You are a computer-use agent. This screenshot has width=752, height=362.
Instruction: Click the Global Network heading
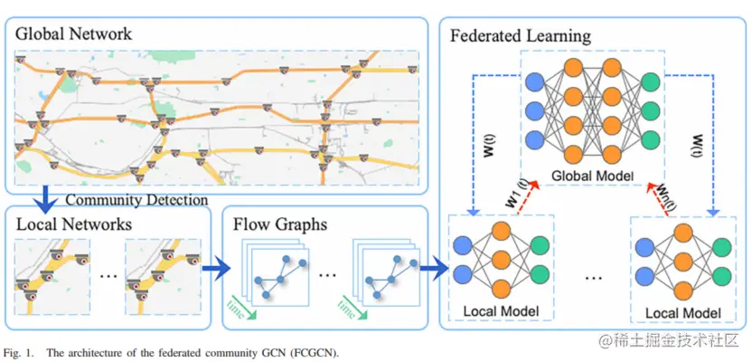[x=73, y=34]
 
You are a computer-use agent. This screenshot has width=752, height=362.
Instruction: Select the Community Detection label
[x=138, y=199]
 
